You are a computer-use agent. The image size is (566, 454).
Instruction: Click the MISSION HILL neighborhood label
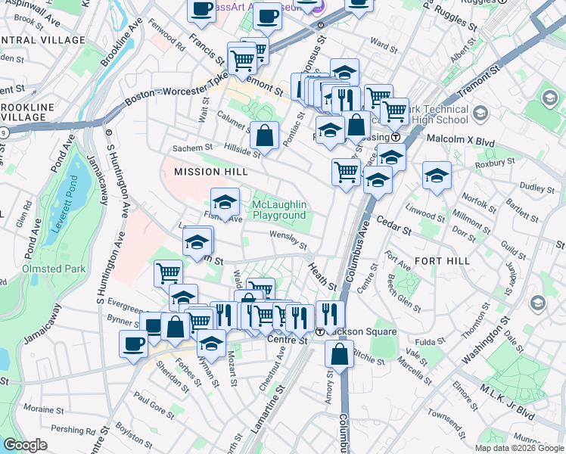coord(210,172)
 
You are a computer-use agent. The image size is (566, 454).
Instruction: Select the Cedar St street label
coord(394,225)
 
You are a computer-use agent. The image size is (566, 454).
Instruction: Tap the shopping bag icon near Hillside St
coord(264,135)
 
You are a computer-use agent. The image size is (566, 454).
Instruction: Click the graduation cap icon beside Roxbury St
coord(437,176)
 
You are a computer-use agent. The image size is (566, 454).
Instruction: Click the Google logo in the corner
coord(25,445)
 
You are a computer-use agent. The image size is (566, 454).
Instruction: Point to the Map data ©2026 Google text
coord(519,448)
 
